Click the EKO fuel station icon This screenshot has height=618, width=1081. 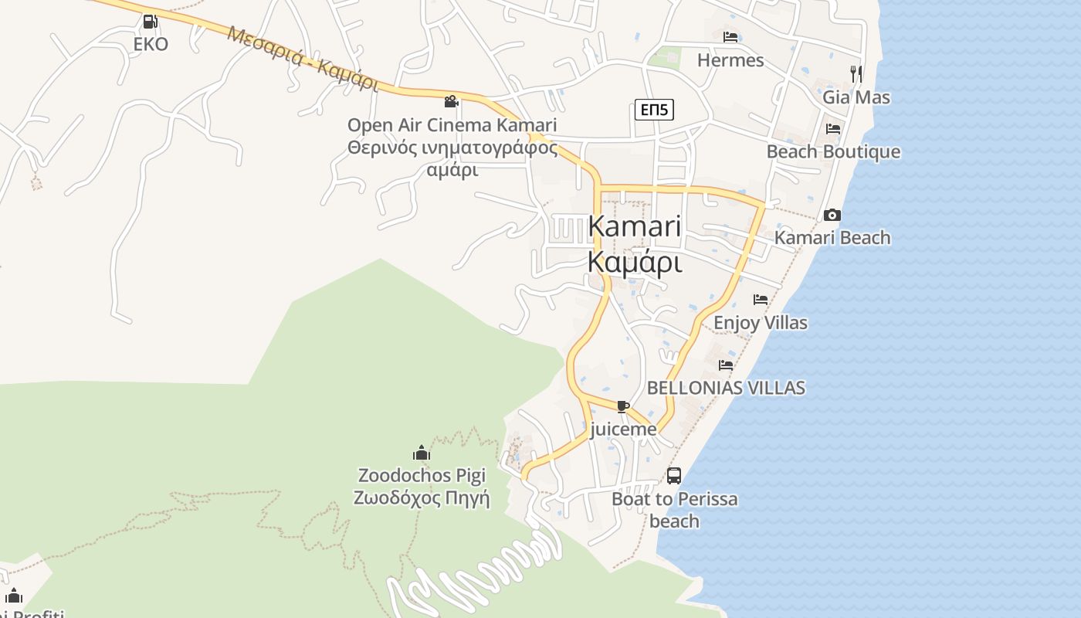coord(151,22)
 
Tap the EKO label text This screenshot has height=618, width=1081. coord(151,44)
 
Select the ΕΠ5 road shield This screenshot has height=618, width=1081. coord(654,110)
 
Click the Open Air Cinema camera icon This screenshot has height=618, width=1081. coord(452,101)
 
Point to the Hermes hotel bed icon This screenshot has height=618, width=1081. coord(730,37)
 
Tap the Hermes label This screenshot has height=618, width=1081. coord(730,60)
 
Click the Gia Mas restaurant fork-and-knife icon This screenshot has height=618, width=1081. coord(856,74)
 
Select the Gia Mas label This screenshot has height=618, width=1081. coord(856,97)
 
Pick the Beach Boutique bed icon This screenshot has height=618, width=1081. coord(832,129)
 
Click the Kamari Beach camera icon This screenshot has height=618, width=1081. coord(832,215)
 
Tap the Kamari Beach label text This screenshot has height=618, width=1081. coord(832,238)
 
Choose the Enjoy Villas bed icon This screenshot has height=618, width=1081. coord(761,300)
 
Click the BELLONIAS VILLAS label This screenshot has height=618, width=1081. coord(726,388)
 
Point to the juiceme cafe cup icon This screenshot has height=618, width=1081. coord(623,406)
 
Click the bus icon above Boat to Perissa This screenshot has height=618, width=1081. coord(674,476)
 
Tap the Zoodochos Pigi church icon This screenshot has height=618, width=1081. coord(421,453)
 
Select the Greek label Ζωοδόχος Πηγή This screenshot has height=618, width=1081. coord(422,497)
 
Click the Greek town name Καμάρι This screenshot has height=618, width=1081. coord(635,262)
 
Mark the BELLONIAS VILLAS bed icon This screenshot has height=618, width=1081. coord(726,365)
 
